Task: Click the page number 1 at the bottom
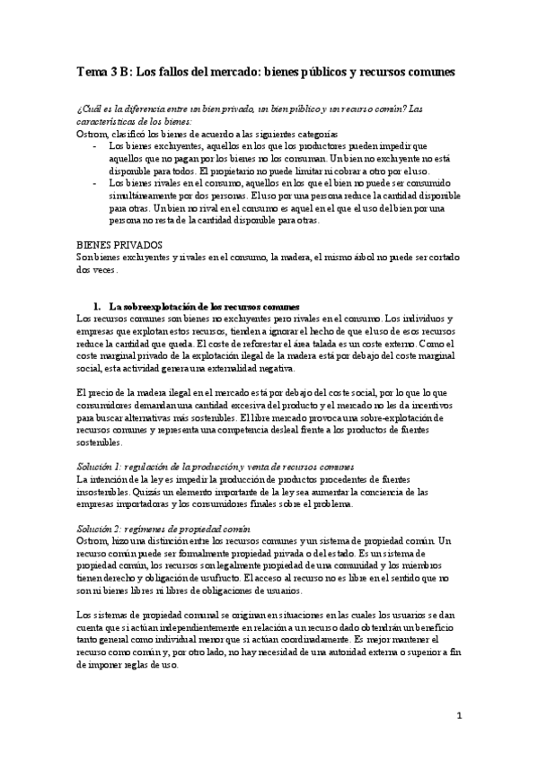click(459, 716)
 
